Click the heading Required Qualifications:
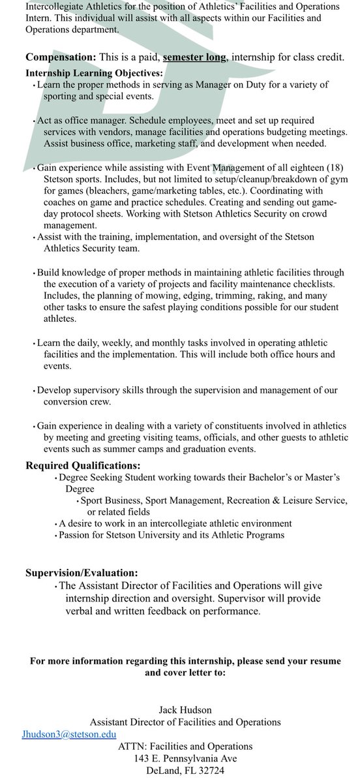click(x=83, y=465)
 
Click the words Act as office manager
click(x=82, y=121)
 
